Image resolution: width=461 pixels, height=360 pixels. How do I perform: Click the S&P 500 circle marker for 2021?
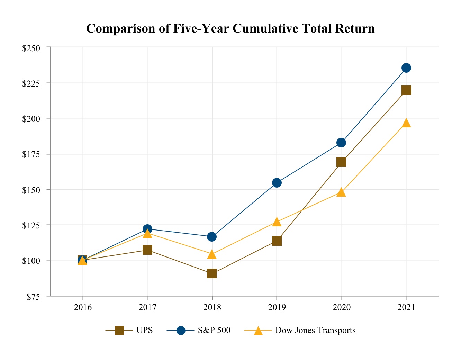406,68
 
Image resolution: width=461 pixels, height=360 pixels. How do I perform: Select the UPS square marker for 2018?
212,273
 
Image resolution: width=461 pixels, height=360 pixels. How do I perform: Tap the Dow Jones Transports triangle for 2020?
341,192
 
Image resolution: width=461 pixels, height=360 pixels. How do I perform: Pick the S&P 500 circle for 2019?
277,183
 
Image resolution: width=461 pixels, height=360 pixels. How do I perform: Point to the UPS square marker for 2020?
341,162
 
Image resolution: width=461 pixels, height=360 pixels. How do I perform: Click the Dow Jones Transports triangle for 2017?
147,234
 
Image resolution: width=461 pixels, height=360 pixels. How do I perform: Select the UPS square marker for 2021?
406,90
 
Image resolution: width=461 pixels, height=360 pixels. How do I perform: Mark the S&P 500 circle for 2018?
212,237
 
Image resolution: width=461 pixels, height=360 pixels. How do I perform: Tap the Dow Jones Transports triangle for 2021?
406,123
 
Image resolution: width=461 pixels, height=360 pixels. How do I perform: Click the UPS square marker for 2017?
147,250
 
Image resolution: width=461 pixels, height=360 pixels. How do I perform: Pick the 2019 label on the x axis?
277,307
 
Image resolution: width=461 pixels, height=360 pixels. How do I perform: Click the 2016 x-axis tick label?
83,307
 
